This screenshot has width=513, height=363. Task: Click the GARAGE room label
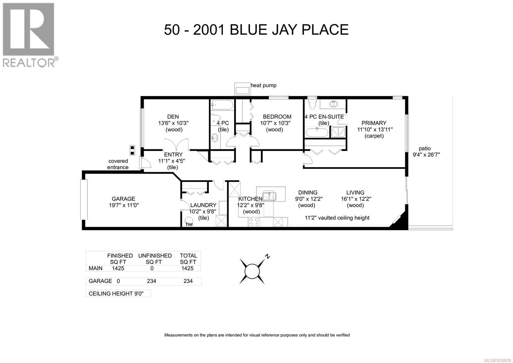[x=123, y=199]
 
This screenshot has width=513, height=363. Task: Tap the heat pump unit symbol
[x=242, y=89]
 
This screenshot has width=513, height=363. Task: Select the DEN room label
[x=173, y=117]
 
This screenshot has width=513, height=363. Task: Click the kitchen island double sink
[x=269, y=196]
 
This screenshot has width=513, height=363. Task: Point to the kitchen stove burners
[x=254, y=222]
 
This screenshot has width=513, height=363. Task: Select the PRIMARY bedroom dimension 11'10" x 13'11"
[x=375, y=129]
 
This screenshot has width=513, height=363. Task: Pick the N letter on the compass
[x=267, y=256]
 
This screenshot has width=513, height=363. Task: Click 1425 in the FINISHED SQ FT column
[x=118, y=268]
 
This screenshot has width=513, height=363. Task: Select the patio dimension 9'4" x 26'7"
[x=426, y=155]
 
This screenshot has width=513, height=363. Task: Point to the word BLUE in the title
[x=249, y=30]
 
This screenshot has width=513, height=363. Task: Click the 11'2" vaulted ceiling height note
[x=337, y=218]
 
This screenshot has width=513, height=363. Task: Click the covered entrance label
[x=118, y=164]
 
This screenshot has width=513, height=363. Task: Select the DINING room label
[x=307, y=192]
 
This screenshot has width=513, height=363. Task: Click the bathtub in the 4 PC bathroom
[x=222, y=105]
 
